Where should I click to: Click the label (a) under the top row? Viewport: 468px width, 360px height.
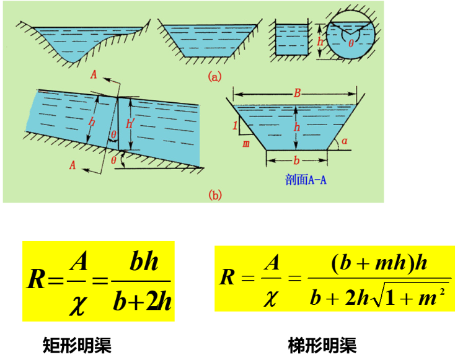(214, 77)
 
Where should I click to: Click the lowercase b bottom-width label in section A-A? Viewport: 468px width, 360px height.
(297, 160)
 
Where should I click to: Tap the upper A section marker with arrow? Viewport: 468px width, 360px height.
(94, 75)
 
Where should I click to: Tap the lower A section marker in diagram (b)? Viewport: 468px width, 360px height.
(74, 165)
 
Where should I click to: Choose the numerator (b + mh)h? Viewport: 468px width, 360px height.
(379, 263)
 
